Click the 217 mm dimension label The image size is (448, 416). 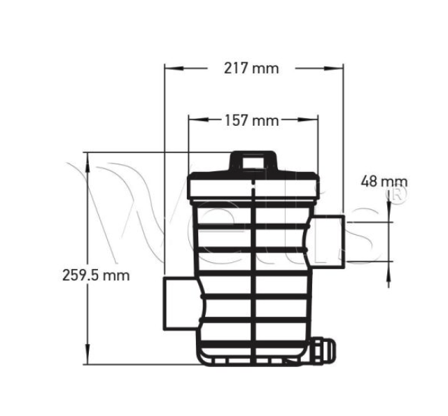click(x=251, y=68)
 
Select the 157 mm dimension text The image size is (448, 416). click(x=251, y=120)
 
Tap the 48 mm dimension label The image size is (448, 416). click(x=384, y=182)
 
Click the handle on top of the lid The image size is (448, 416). click(x=253, y=160)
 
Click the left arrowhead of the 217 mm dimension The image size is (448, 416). click(x=170, y=68)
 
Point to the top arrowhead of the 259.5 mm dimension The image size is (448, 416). click(x=87, y=157)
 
